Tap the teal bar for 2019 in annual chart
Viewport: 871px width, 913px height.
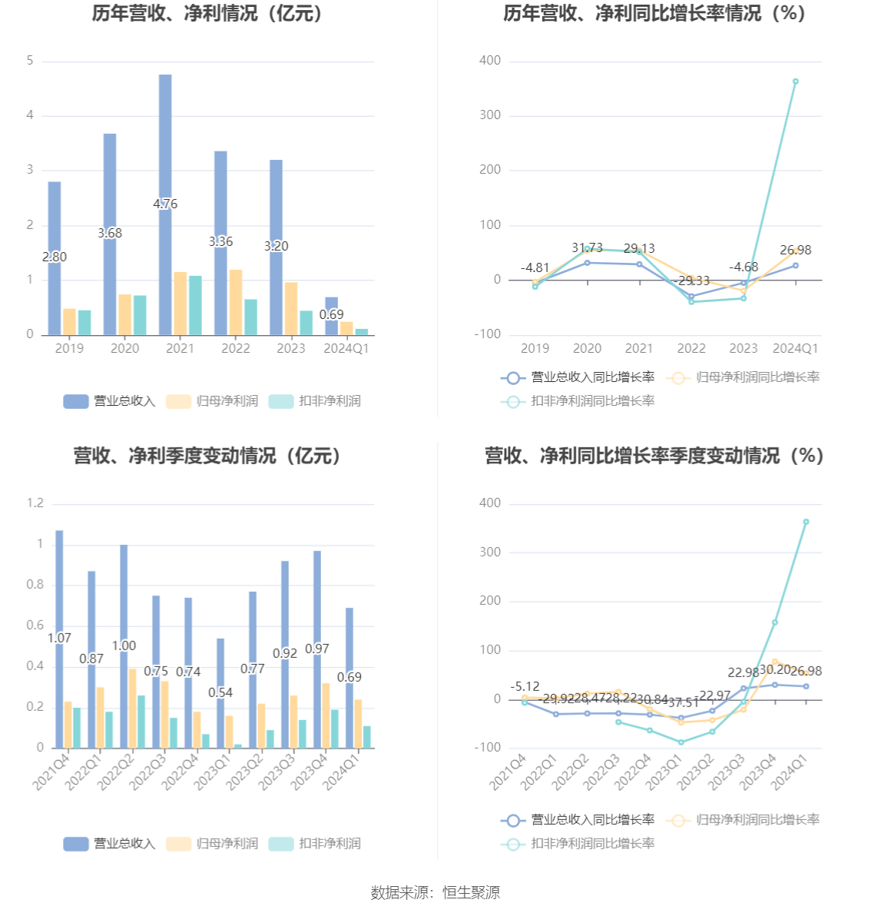pyautogui.click(x=84, y=323)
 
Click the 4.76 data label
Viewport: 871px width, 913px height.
pyautogui.click(x=165, y=204)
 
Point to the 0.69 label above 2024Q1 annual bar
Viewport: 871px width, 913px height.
pyautogui.click(x=332, y=314)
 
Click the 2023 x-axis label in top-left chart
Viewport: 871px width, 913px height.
pyautogui.click(x=291, y=348)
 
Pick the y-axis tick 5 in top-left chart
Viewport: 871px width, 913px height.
pyautogui.click(x=30, y=61)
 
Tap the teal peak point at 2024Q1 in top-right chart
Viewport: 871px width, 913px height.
pyautogui.click(x=796, y=81)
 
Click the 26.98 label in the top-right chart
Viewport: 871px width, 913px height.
pyautogui.click(x=796, y=250)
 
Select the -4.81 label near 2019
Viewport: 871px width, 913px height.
pyautogui.click(x=535, y=267)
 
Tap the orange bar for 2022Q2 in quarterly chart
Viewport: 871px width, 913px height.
pyautogui.click(x=133, y=708)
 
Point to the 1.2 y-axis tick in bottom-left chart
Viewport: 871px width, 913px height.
pyautogui.click(x=35, y=503)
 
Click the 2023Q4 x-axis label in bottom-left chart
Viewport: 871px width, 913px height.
pyautogui.click(x=306, y=772)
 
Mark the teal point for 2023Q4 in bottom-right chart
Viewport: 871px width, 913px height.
pyautogui.click(x=775, y=622)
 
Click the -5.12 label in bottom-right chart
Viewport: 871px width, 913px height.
pyautogui.click(x=525, y=686)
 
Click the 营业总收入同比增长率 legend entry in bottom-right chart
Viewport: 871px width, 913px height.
pyautogui.click(x=578, y=820)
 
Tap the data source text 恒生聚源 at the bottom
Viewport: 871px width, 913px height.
pyautogui.click(x=471, y=892)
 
